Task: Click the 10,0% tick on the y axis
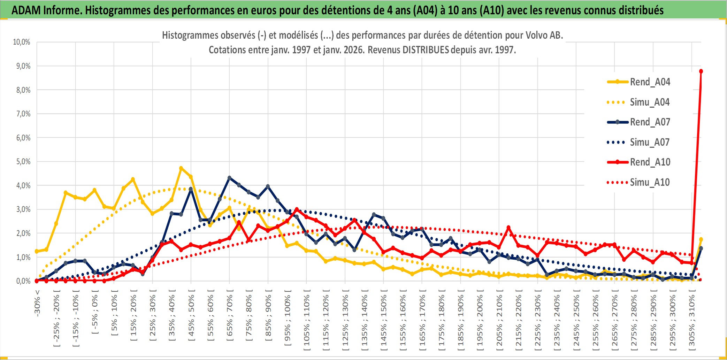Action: point(22,42)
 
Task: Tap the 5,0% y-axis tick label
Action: point(23,162)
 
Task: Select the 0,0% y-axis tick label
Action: point(23,281)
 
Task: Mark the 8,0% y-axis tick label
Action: point(23,90)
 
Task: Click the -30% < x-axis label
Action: point(37,303)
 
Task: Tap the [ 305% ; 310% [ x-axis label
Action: point(692,321)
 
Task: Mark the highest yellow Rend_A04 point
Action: point(181,168)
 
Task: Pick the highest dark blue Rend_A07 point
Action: point(229,178)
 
